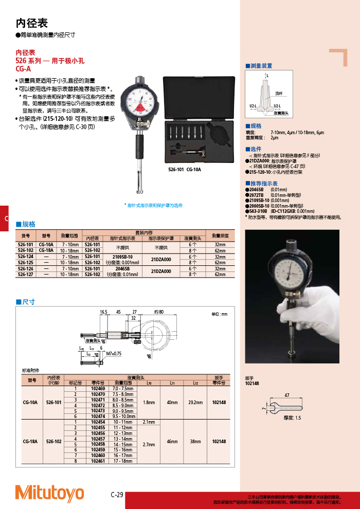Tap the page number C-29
[x=117, y=495]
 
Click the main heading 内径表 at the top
[x=32, y=23]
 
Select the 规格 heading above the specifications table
[x=28, y=224]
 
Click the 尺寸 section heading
[x=28, y=302]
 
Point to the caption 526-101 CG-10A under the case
[x=185, y=169]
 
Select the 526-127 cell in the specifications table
[x=26, y=275]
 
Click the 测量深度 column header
[x=220, y=235]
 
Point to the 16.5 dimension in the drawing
[x=103, y=312]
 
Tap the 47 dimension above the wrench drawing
[x=286, y=395]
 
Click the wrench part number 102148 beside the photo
[x=252, y=384]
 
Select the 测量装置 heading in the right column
[x=261, y=66]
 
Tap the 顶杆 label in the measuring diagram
[x=279, y=93]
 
